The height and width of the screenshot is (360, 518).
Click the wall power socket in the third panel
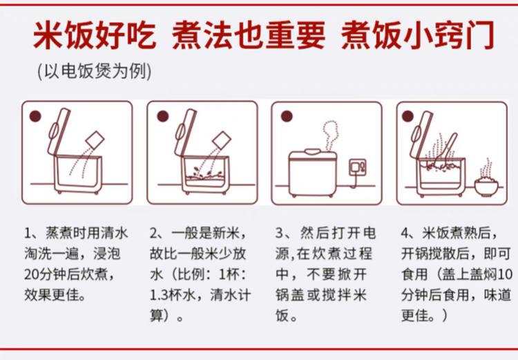pyautogui.click(x=358, y=167)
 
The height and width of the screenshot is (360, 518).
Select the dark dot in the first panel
pyautogui.click(x=35, y=116)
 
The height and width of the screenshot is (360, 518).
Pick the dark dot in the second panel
pyautogui.click(x=163, y=116)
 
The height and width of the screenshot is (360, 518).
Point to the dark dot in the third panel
pyautogui.click(x=287, y=116)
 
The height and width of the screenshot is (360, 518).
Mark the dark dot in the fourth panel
pyautogui.click(x=408, y=116)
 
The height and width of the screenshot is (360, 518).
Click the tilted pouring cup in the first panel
pyautogui.click(x=95, y=140)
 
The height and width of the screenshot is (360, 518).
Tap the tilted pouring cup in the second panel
pyautogui.click(x=222, y=140)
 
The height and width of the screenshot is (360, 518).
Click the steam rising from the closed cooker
pyautogui.click(x=330, y=135)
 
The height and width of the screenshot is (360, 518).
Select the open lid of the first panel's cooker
pyautogui.click(x=59, y=131)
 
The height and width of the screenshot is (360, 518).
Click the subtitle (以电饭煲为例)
pyautogui.click(x=95, y=71)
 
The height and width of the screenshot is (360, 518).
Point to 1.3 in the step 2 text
pyautogui.click(x=160, y=295)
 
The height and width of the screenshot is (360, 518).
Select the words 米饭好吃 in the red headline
pyautogui.click(x=94, y=35)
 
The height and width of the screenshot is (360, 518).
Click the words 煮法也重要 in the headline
pyautogui.click(x=249, y=35)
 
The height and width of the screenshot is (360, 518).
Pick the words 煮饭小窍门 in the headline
pyautogui.click(x=419, y=35)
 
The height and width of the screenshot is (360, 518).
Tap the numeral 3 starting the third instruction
pyautogui.click(x=280, y=234)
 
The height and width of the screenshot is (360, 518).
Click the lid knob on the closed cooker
pyautogui.click(x=312, y=151)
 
